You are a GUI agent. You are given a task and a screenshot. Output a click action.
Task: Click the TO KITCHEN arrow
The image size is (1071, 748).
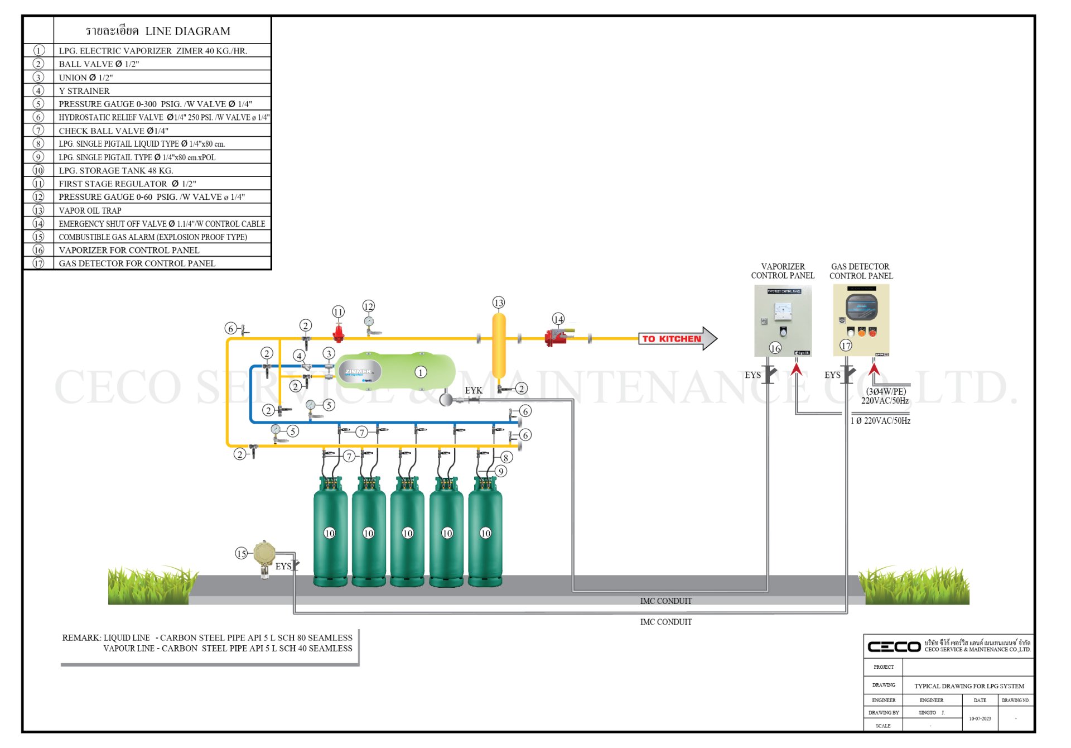click(677, 339)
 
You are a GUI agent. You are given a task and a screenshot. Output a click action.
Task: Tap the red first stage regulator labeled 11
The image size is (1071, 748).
click(338, 333)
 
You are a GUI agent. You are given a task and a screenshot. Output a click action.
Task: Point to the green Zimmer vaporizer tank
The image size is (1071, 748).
click(396, 372)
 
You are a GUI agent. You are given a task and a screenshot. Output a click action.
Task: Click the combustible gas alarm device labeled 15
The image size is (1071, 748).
click(264, 554)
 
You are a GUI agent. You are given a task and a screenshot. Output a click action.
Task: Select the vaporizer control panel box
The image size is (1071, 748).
click(783, 320)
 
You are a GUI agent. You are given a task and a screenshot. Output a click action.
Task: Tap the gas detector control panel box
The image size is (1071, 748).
click(861, 320)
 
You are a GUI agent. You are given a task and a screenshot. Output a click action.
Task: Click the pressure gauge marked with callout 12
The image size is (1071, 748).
click(369, 322)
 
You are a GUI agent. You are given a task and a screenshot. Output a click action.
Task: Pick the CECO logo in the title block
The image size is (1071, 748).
click(894, 646)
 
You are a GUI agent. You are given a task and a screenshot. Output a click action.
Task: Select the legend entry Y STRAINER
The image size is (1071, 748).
click(84, 91)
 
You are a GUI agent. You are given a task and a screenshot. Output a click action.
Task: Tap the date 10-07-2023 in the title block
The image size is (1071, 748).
click(980, 718)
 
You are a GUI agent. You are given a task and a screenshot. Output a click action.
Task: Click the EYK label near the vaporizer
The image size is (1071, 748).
click(474, 390)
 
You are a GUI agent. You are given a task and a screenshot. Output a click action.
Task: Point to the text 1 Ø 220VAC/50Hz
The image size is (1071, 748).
click(880, 421)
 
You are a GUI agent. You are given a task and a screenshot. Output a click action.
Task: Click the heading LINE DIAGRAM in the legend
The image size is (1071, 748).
click(187, 31)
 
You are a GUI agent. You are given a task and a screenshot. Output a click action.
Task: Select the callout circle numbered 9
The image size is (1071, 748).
click(501, 472)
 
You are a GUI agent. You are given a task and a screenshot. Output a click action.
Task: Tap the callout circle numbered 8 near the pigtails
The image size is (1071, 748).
click(506, 458)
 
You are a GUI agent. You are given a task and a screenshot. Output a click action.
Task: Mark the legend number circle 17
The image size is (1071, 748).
click(38, 263)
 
